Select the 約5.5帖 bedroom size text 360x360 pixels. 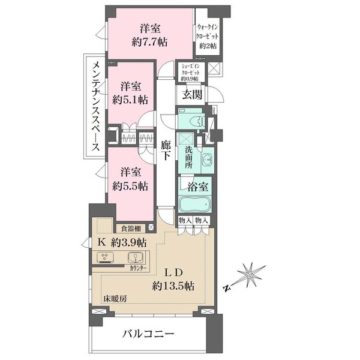click(x=130, y=186)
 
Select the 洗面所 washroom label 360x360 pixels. click(x=189, y=157)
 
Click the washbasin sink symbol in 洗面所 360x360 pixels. click(x=207, y=161)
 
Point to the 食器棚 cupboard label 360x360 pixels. click(x=130, y=228)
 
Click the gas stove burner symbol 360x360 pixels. click(x=106, y=258)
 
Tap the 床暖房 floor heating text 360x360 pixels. click(x=114, y=298)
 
